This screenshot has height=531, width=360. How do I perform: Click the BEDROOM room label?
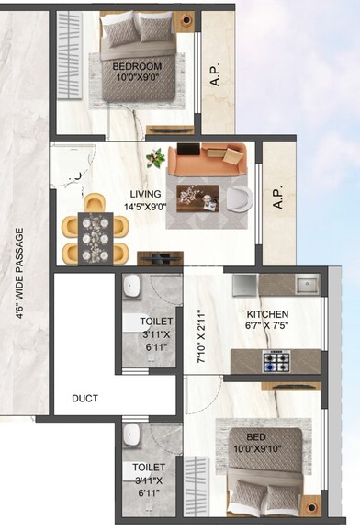[137, 67]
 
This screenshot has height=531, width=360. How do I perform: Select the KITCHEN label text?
[267, 313]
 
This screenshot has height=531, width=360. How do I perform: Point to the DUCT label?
[85, 399]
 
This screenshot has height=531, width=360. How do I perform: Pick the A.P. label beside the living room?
[277, 199]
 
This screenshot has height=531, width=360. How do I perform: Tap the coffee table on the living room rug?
[194, 195]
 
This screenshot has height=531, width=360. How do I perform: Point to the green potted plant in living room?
[155, 157]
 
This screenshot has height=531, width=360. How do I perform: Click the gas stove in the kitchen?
[277, 361]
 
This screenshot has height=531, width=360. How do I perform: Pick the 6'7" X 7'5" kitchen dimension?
[267, 325]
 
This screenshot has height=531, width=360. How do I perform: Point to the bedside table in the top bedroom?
[184, 19]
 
